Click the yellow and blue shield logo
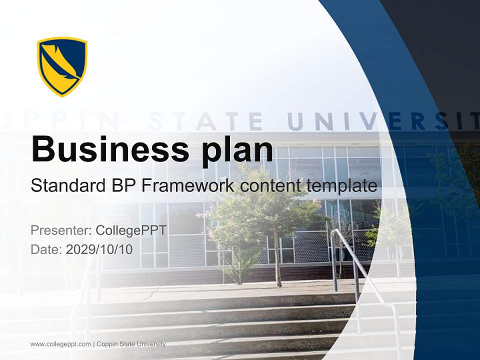click(x=62, y=66)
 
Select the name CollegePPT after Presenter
click(x=130, y=230)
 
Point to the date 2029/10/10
click(x=99, y=249)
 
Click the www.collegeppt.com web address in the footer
click(x=60, y=344)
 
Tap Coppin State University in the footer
click(x=131, y=344)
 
